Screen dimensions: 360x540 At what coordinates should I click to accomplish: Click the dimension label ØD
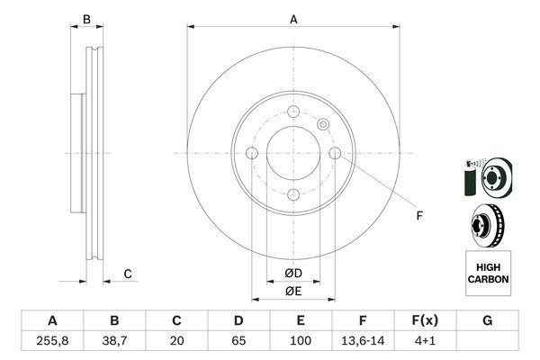pos(292,274)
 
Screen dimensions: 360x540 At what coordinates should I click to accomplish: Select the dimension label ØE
pos(292,291)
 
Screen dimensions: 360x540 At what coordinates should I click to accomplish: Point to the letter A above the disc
pos(292,18)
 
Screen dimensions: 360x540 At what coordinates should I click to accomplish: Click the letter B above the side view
pos(86,19)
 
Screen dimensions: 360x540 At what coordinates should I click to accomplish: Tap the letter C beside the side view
pos(128,274)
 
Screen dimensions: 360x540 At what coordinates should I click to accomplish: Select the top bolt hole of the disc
pos(293,112)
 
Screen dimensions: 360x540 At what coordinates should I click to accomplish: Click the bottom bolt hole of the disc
pos(293,194)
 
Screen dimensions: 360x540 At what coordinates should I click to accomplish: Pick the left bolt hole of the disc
pos(252,153)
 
